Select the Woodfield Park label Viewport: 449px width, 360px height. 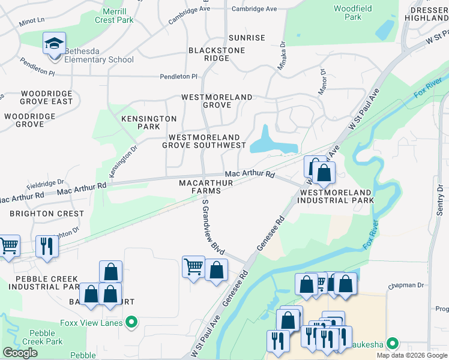pos(354,13)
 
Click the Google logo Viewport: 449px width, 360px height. pos(20,353)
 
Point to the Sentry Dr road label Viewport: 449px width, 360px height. pos(440,200)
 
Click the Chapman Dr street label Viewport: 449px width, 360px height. pos(405,286)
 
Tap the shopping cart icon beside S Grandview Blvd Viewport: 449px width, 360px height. pos(193,266)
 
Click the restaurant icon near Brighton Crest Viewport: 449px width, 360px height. pos(46,245)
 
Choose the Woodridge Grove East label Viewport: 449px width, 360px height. pos(46,97)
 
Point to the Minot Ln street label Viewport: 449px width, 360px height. pos(32,20)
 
